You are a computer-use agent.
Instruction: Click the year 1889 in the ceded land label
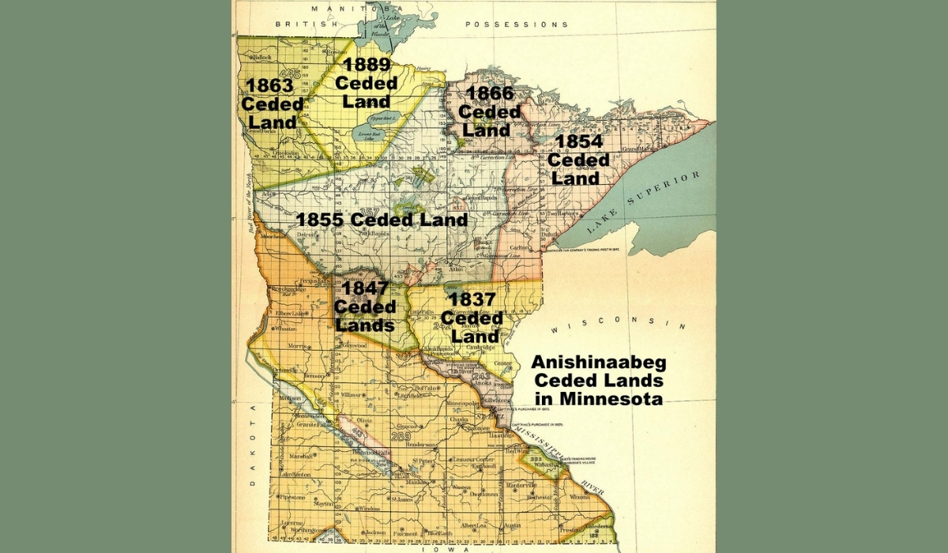tap(362, 65)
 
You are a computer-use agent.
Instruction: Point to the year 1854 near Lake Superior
tap(578, 142)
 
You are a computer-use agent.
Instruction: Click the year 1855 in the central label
tap(322, 220)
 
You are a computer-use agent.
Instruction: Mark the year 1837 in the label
tap(472, 300)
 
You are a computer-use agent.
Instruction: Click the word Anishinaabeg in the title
tap(599, 363)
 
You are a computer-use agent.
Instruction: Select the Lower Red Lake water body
tap(368, 127)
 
